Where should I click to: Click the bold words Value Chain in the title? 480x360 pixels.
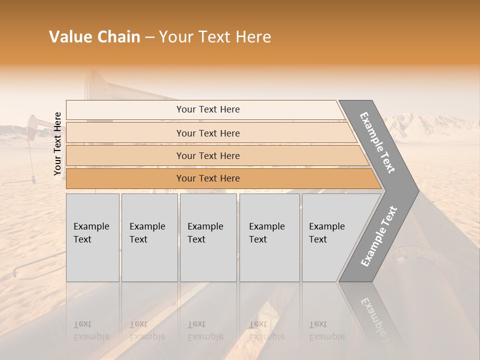pos(94,37)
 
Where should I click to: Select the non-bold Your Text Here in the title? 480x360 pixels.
pos(215,37)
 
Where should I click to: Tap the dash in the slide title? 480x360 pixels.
pos(149,37)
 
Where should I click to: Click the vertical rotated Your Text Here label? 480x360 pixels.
pos(57,144)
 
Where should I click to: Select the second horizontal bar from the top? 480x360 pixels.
pos(208,133)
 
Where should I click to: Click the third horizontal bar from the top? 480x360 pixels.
pos(208,155)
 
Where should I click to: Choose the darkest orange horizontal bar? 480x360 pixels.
pos(208,178)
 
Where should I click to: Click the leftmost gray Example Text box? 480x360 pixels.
pos(92,237)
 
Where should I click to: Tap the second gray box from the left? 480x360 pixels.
pos(149,237)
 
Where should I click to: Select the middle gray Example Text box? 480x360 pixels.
pos(208,237)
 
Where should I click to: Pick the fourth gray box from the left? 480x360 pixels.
pos(269,237)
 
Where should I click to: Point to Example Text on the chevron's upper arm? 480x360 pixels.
pos(377,142)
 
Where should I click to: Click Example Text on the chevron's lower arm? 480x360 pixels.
pos(379,236)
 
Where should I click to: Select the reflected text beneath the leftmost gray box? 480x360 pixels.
pos(91,330)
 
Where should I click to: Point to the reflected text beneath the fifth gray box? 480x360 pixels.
pos(326,330)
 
